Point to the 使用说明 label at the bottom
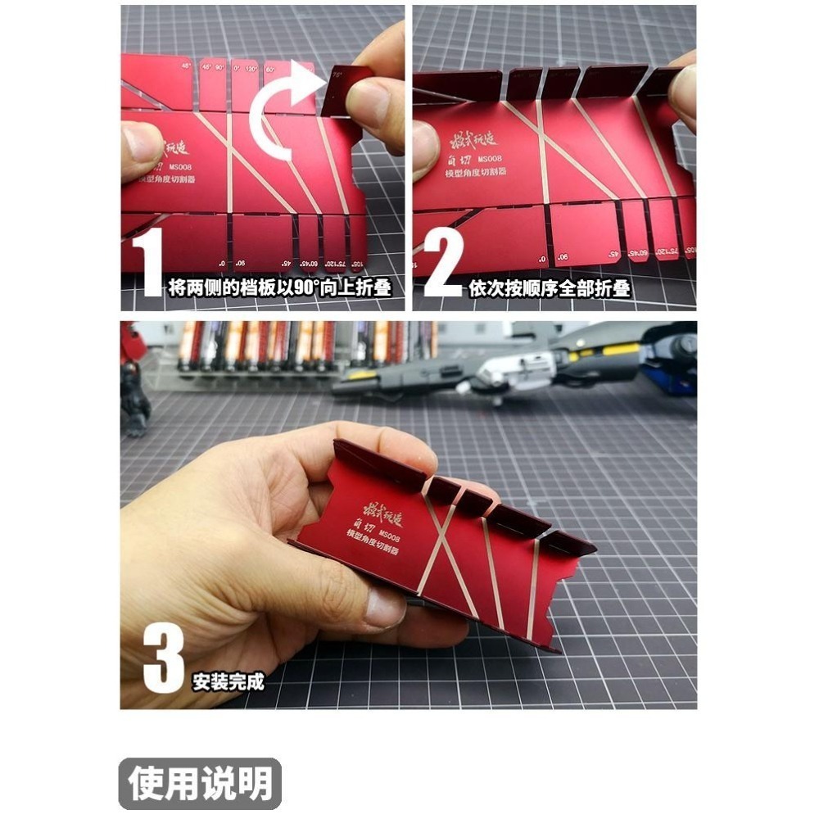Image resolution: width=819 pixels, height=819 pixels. click(x=200, y=784)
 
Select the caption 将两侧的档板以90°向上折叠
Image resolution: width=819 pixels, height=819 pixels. click(x=278, y=287)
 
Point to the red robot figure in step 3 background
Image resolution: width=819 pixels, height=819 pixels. click(x=133, y=377)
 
